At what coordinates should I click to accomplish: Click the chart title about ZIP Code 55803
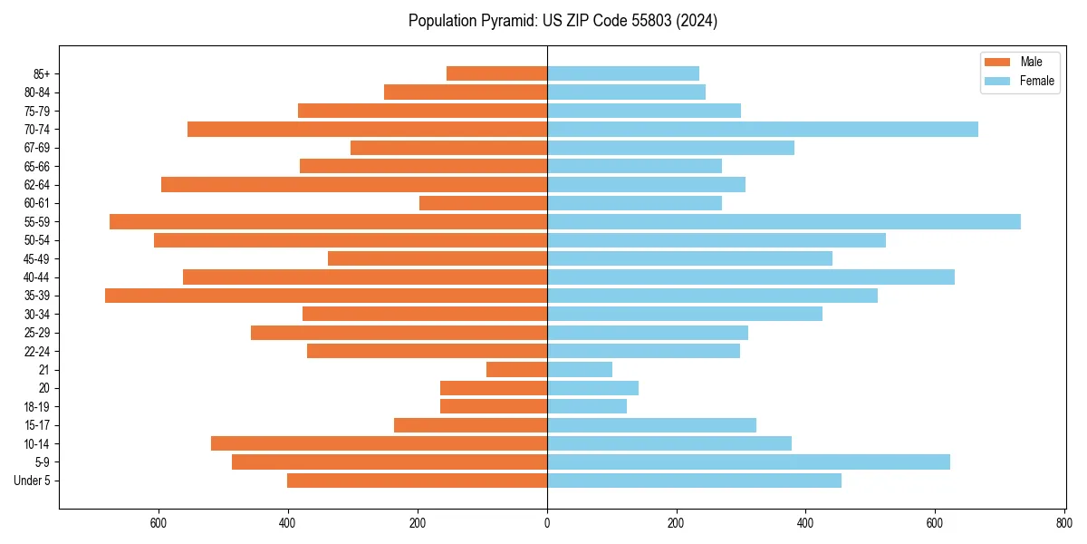pos(563,21)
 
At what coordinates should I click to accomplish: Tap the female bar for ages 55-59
pos(784,221)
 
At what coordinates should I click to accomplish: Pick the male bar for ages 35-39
pos(326,296)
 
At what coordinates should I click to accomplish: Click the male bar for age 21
pos(516,369)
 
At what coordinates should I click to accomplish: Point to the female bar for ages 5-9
pos(748,461)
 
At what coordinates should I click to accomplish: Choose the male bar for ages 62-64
pos(354,184)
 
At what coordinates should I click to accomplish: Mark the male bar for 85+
pos(496,73)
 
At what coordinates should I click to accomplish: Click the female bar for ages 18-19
pos(587,406)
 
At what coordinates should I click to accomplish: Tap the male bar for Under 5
pos(417,481)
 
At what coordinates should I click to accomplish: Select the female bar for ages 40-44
pos(751,277)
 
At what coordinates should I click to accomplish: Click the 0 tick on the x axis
pos(547,523)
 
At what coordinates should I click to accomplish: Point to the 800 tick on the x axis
pos(1064,523)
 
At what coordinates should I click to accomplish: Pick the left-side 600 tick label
pos(159,523)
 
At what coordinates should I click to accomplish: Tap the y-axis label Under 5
pos(33,481)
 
